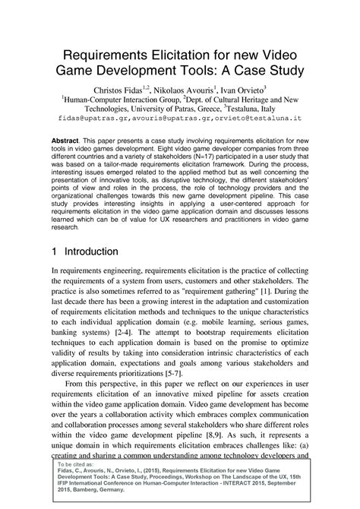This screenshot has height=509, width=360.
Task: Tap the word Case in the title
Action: (251, 72)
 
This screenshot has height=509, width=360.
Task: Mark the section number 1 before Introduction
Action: (55, 251)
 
